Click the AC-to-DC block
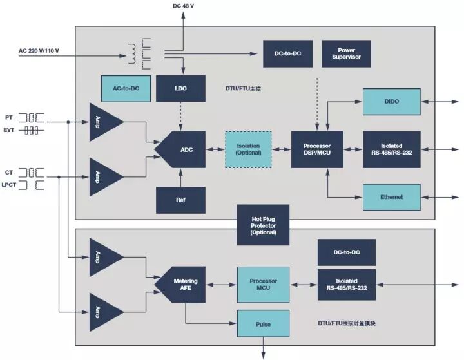[126, 88]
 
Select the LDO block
[180, 88]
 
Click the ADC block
[184, 149]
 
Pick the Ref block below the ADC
[180, 200]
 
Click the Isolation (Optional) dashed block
[248, 149]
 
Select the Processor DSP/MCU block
[316, 149]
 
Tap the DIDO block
[391, 102]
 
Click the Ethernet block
[391, 197]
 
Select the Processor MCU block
[263, 285]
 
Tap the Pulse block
[263, 322]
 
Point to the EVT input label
[10, 130]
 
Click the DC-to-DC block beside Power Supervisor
[288, 53]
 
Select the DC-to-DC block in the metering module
[346, 252]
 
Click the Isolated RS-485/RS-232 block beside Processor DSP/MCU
[391, 149]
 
